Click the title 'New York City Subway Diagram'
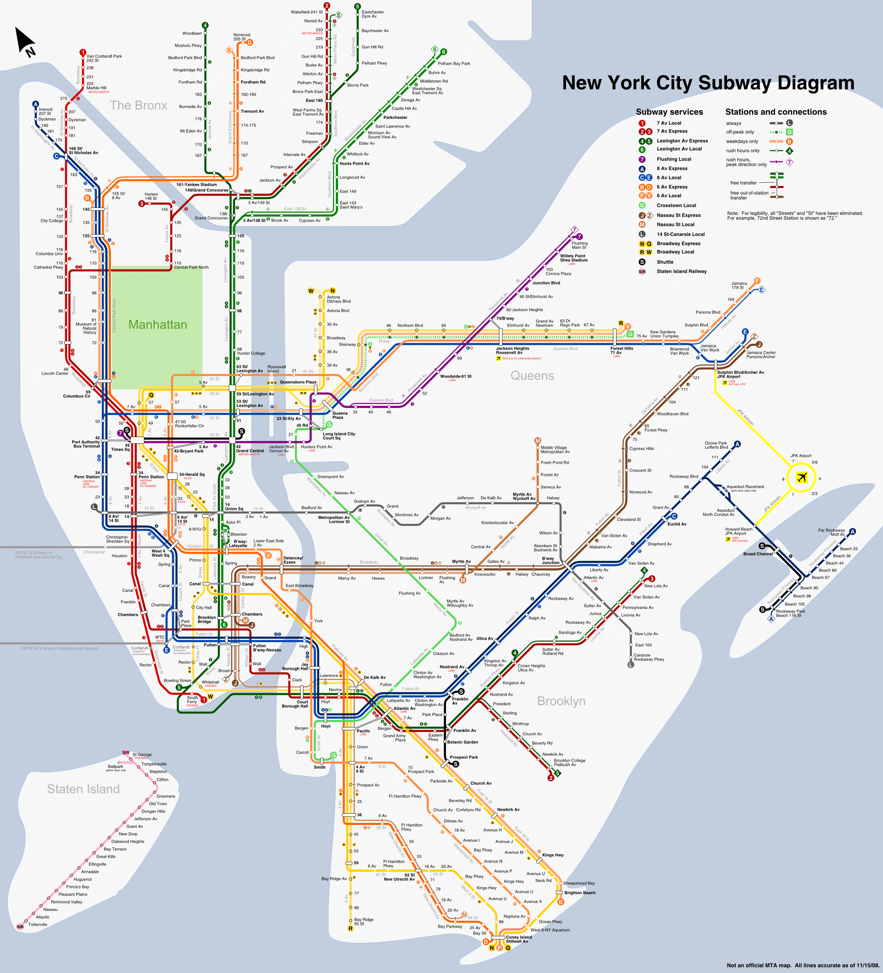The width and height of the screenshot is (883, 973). coord(708,83)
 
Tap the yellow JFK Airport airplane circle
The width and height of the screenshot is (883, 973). coord(801,478)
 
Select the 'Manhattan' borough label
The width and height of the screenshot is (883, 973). coord(157,325)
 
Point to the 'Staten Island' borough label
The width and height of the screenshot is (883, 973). coord(83,789)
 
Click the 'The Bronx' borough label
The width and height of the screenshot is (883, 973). coord(138,106)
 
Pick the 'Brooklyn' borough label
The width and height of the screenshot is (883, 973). coord(561,701)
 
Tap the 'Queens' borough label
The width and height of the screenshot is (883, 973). coord(532,376)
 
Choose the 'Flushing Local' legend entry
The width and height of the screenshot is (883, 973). coord(674,159)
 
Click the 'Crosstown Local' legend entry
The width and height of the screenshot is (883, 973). coord(676,206)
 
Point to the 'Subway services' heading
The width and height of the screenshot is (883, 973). coord(669,112)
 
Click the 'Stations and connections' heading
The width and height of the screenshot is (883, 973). coord(775,112)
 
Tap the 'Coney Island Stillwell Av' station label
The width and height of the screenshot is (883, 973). coord(518,939)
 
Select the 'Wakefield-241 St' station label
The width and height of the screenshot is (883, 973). coord(307,12)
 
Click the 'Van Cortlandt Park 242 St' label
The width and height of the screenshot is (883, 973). coord(104,58)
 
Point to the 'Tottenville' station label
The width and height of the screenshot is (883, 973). coord(38,925)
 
